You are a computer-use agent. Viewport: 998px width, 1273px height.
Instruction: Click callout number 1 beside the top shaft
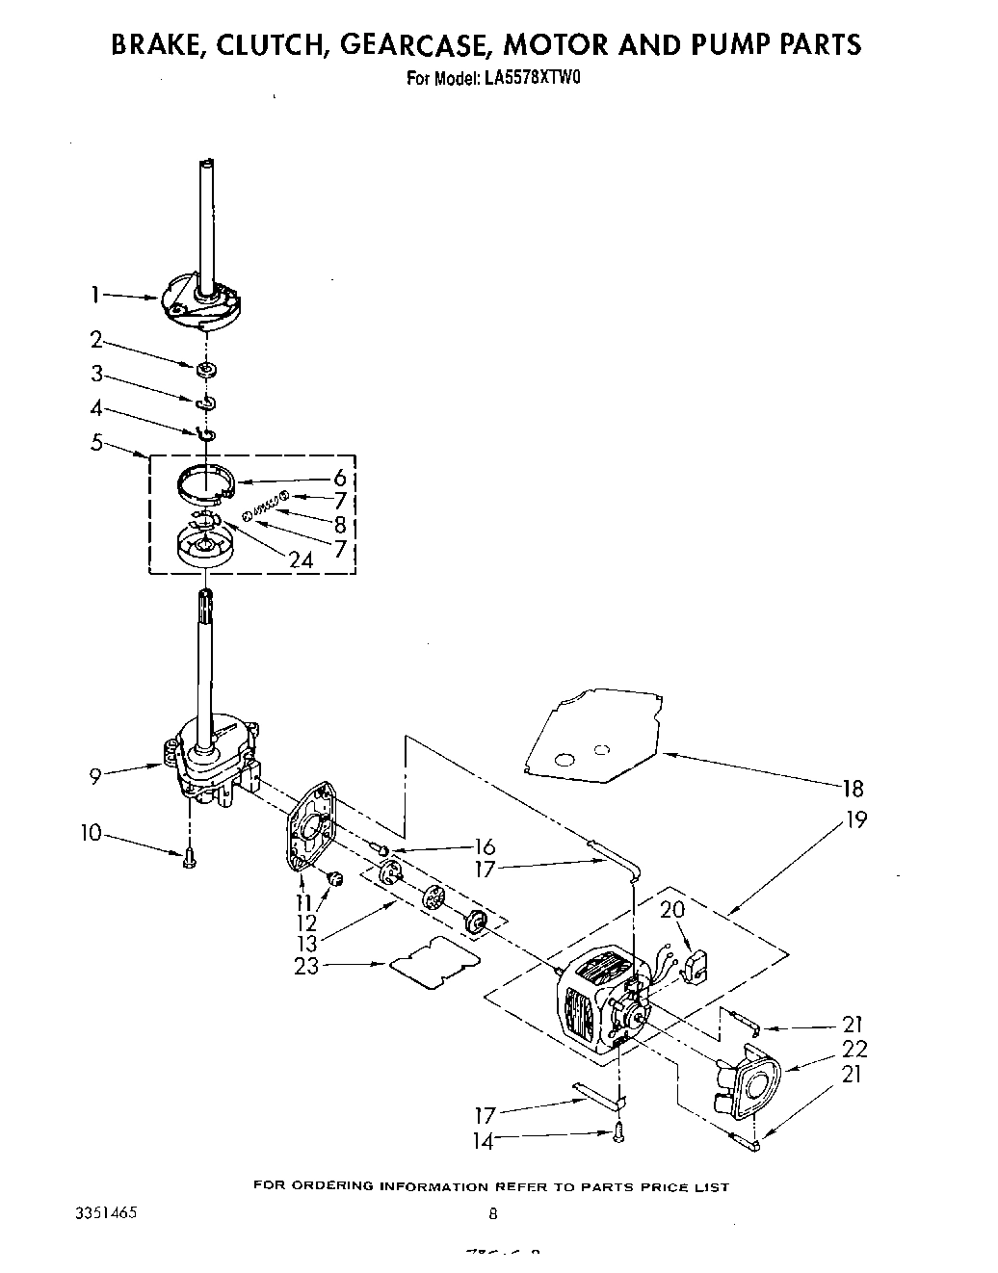coord(95,295)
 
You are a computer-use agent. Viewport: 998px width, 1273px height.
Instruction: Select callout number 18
coord(853,788)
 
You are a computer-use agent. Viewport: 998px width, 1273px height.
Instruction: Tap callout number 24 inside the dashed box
coord(301,559)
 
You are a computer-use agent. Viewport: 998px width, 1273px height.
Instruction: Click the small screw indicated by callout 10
coord(188,856)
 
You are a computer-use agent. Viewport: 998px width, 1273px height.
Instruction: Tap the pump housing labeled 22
coord(749,1082)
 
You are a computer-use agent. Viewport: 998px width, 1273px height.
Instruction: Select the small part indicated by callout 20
coord(695,968)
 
